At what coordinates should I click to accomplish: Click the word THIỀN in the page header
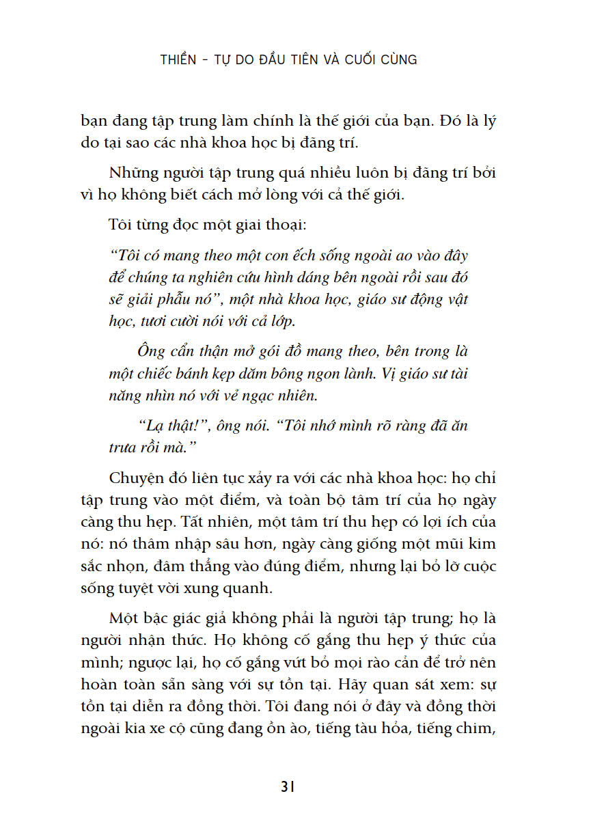coord(180,59)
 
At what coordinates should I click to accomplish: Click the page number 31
coord(288,786)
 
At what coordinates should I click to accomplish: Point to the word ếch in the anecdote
coord(315,256)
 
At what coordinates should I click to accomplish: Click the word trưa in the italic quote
coord(123,447)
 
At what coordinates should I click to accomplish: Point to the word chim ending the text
coord(478,729)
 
